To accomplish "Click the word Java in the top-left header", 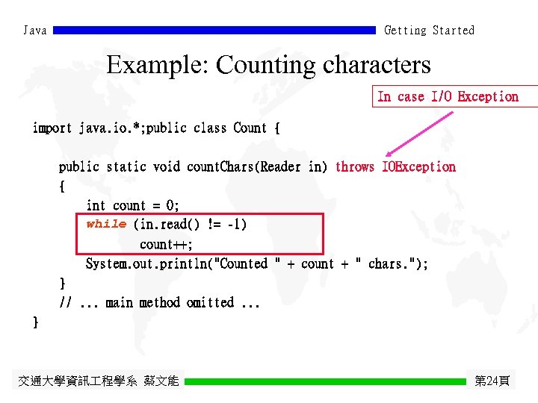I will tap(35, 31).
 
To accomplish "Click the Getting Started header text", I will tap(429, 31).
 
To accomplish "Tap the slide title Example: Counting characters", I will tap(268, 65).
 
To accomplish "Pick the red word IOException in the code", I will tap(418, 167).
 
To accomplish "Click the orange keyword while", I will tap(106, 224).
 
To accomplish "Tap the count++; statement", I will tap(166, 244).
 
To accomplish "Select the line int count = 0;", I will tap(133, 205).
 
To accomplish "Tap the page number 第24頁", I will tap(492, 381).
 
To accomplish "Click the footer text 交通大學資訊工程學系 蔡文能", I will tap(98, 381).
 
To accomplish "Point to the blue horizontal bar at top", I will tap(214, 31).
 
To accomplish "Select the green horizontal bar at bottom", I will tap(325, 381).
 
